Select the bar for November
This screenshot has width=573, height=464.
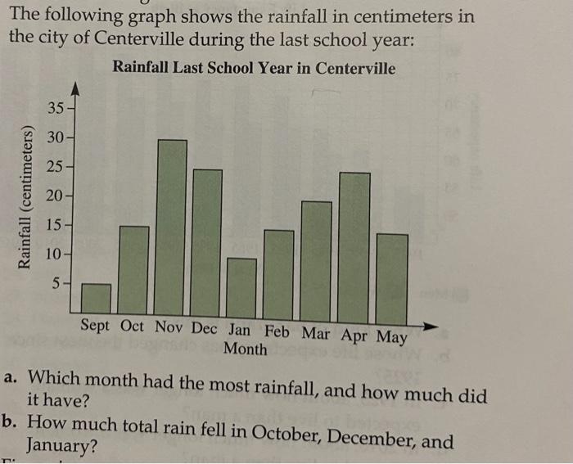(171, 229)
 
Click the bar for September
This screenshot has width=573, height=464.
(96, 300)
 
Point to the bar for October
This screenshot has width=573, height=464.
(134, 273)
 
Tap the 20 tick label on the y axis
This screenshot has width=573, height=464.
(55, 196)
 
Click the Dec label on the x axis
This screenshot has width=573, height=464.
(205, 327)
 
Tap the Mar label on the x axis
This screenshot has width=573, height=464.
(317, 333)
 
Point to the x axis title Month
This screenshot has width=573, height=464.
(245, 349)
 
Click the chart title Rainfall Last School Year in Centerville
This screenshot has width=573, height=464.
(254, 68)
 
